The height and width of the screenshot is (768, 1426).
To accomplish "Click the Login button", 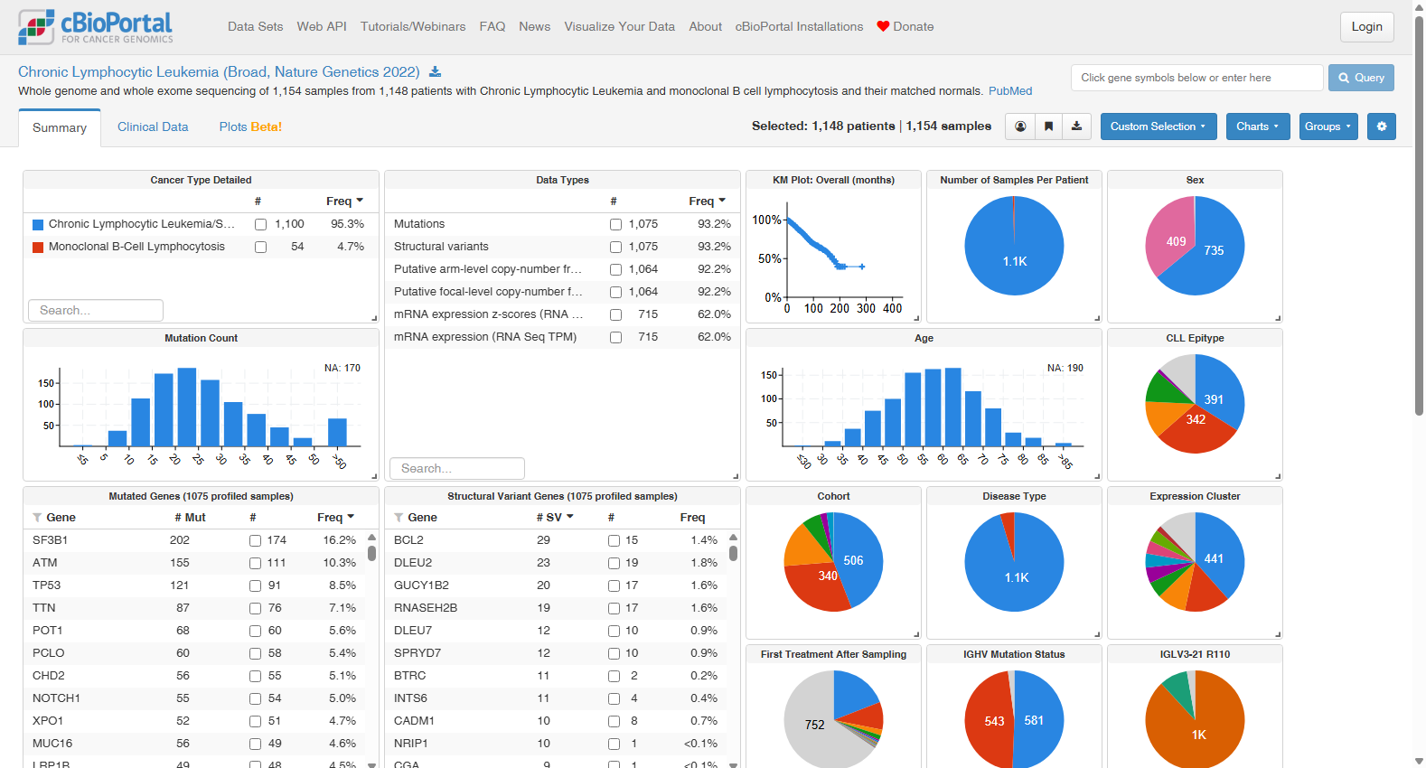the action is point(1366,27).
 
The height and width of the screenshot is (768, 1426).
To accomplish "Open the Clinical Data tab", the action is point(153,126).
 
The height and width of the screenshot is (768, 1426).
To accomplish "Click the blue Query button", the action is point(1361,78).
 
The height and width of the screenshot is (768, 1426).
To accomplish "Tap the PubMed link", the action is point(1010,91).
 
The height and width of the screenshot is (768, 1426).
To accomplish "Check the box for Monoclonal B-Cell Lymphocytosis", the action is point(260,247).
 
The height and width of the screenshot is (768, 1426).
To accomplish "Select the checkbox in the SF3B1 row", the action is point(255,540).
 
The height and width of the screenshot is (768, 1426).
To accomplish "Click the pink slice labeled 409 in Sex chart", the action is point(1170,239).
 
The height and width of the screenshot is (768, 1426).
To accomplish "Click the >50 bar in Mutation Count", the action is point(337,432).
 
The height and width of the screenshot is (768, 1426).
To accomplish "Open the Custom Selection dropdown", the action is point(1158,126).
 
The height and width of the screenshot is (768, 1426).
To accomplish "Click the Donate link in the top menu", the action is point(905,27).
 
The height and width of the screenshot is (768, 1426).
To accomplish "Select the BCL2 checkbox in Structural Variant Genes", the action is point(614,540).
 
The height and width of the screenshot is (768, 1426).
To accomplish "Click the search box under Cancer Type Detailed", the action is point(96,311).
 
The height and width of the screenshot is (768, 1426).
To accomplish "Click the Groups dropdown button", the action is point(1327,126).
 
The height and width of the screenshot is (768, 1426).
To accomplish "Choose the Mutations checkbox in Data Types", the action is point(615,224).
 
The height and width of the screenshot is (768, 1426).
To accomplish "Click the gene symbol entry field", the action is point(1196,78).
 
